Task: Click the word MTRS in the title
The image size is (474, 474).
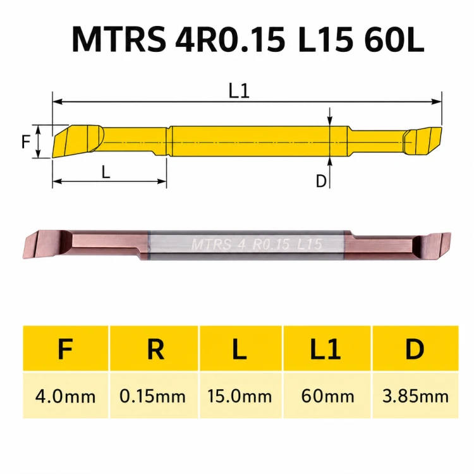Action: [119, 40]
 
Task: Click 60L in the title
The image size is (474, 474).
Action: [394, 40]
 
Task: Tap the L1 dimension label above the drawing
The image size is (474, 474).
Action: [239, 91]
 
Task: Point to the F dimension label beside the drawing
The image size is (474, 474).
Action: [26, 142]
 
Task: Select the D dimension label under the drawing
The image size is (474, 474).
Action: [321, 181]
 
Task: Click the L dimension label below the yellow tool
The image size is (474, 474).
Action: [106, 173]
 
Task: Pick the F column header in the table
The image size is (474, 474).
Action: [65, 349]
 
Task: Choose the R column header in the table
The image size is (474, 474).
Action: [155, 349]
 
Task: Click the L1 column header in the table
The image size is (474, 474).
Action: [326, 349]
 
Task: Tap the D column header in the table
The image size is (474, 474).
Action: [415, 349]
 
